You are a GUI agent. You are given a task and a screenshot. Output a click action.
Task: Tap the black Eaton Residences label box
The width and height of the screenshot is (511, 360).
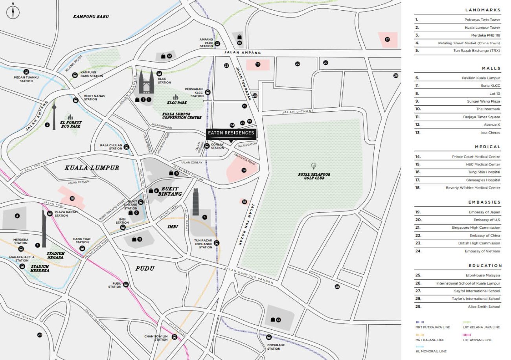(231, 133)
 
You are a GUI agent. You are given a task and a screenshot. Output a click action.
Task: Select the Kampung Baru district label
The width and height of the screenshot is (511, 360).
(91, 17)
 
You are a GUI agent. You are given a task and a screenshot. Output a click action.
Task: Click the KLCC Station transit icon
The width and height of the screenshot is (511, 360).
(159, 73)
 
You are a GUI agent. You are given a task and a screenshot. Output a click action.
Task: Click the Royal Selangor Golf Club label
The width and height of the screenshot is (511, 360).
(313, 176)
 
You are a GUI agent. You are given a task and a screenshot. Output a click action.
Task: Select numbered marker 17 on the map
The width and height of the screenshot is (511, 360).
(387, 39)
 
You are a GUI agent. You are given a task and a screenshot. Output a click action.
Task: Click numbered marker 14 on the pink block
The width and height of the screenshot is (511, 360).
(244, 170)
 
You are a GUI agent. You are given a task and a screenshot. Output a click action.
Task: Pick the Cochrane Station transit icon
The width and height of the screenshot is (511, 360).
(269, 337)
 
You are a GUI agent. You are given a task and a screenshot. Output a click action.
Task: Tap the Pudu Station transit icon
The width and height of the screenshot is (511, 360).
(126, 285)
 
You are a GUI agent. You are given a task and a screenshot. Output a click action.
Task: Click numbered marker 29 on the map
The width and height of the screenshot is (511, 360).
(39, 335)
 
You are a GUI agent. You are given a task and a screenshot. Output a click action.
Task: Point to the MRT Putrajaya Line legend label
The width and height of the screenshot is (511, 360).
(430, 327)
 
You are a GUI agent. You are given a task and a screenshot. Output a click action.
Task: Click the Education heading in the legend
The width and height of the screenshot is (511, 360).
(485, 266)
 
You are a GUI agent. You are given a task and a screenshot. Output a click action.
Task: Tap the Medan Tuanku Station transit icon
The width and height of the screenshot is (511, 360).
(26, 72)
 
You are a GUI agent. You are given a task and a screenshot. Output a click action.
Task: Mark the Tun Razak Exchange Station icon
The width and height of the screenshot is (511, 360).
(216, 243)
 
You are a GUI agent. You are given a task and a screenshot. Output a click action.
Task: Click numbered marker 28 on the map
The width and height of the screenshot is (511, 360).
(337, 287)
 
